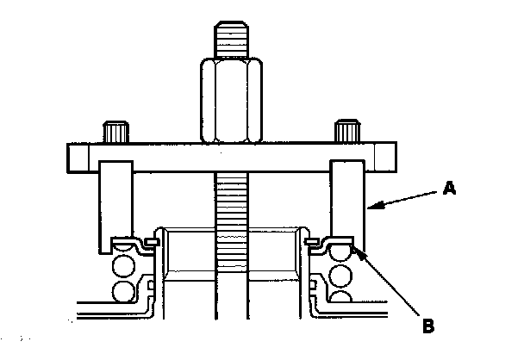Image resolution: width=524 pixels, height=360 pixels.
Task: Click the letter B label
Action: point(427,326)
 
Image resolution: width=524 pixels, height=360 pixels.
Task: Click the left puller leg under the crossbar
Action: point(115,202)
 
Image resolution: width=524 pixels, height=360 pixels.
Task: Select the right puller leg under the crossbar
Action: point(347,202)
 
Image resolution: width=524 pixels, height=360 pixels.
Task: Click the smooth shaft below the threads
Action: point(230,319)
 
